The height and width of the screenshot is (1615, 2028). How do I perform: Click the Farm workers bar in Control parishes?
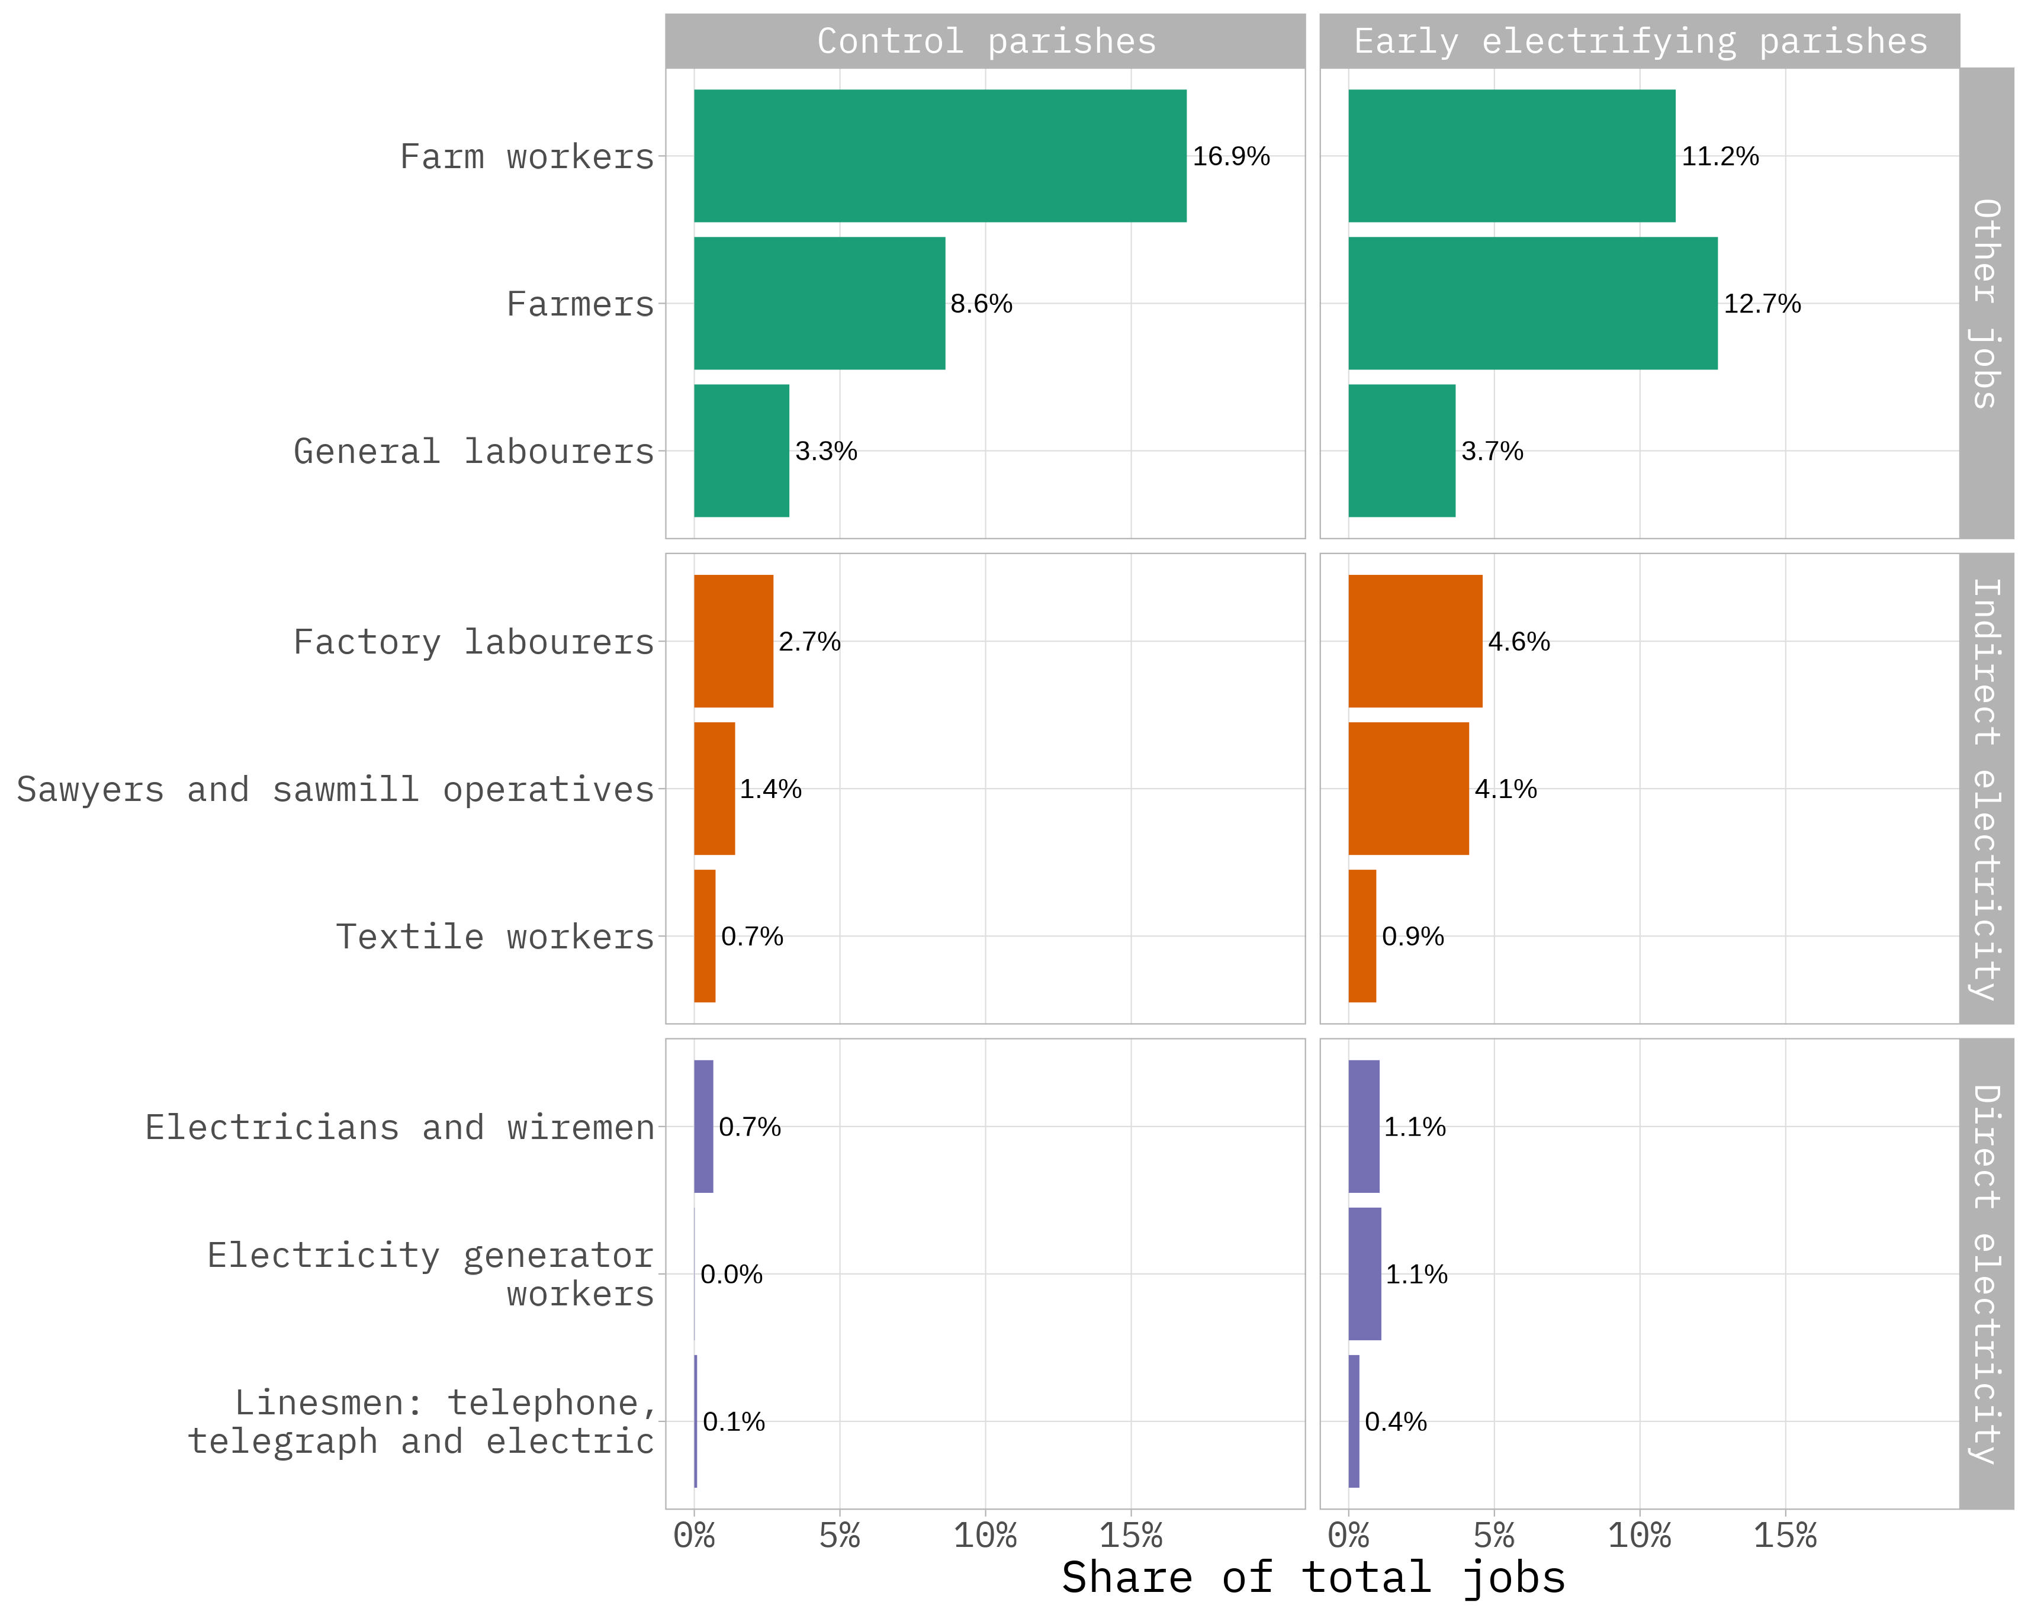(x=940, y=156)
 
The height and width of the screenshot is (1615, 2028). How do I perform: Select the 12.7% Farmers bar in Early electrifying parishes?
(x=1532, y=303)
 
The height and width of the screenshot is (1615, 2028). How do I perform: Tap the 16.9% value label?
(x=1230, y=156)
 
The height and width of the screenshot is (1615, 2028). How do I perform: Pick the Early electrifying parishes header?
(x=1640, y=41)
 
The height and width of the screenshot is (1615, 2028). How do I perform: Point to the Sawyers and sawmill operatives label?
(x=335, y=789)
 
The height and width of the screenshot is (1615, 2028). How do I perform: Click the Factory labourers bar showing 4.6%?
(x=1415, y=642)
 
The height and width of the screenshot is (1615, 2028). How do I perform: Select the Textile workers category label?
(x=495, y=937)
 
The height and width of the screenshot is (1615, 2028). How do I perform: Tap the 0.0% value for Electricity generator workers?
(x=731, y=1275)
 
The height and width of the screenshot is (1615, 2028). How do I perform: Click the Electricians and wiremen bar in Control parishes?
(x=703, y=1127)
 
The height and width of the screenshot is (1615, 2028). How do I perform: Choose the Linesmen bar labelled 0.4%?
(x=1354, y=1421)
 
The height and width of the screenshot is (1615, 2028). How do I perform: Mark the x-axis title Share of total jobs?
(x=1313, y=1577)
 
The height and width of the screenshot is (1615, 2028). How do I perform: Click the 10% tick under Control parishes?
(x=985, y=1536)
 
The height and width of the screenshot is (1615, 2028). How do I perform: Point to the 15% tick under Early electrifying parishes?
(x=1785, y=1536)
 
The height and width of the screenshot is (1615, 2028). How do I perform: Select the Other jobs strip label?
(x=1986, y=303)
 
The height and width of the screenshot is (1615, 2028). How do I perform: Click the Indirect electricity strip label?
(x=1986, y=789)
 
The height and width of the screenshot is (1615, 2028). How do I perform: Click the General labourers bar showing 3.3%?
(x=741, y=451)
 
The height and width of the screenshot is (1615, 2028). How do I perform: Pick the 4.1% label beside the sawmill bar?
(x=1505, y=789)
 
